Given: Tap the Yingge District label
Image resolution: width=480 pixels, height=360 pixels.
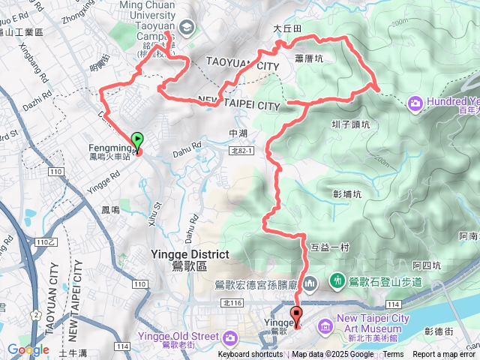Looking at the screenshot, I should (182, 254).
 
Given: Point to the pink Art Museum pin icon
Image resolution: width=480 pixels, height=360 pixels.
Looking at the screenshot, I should (324, 325).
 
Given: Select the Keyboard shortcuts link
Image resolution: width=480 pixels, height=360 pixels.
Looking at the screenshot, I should (250, 355).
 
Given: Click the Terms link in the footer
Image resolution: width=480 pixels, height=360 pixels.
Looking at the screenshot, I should (393, 355).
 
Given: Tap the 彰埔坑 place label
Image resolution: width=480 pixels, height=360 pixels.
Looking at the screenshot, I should (346, 193).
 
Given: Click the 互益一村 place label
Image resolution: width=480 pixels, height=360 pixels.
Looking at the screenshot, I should (325, 247).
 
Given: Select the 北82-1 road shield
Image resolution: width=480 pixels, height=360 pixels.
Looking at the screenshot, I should (241, 151).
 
